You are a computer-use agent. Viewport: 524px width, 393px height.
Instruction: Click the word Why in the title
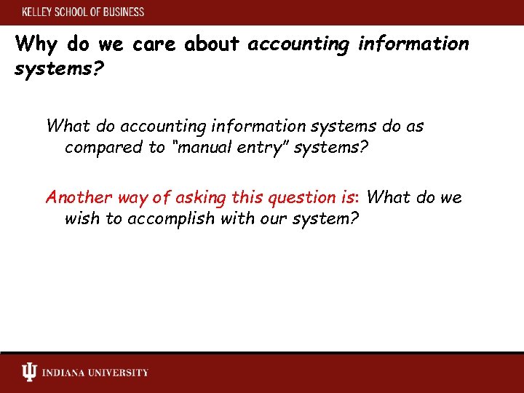[x=36, y=44]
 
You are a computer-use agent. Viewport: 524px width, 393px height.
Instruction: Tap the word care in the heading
[x=154, y=44]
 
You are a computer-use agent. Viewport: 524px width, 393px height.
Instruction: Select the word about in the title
[x=212, y=44]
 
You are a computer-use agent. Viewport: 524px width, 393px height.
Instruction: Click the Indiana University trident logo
[x=28, y=373]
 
